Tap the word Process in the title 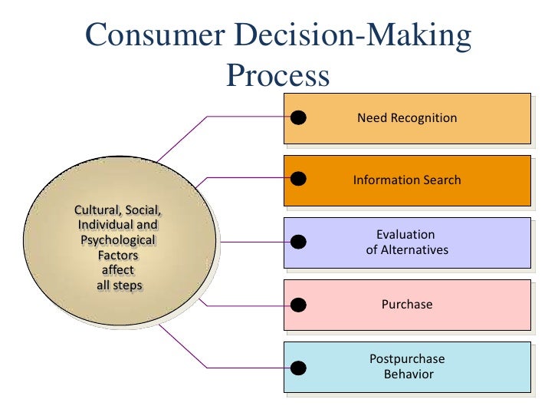(x=278, y=76)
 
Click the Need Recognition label (x=407, y=118)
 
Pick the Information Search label (x=407, y=180)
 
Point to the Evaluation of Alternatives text (x=407, y=242)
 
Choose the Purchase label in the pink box (x=407, y=305)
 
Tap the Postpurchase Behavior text (x=407, y=367)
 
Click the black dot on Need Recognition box (x=299, y=117)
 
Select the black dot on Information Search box (x=299, y=180)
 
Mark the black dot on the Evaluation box (x=299, y=242)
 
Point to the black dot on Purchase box (x=299, y=305)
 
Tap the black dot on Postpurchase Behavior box (x=299, y=367)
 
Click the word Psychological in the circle (x=118, y=240)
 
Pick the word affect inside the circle (x=118, y=270)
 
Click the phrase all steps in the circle (x=118, y=285)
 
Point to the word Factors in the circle (x=118, y=255)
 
